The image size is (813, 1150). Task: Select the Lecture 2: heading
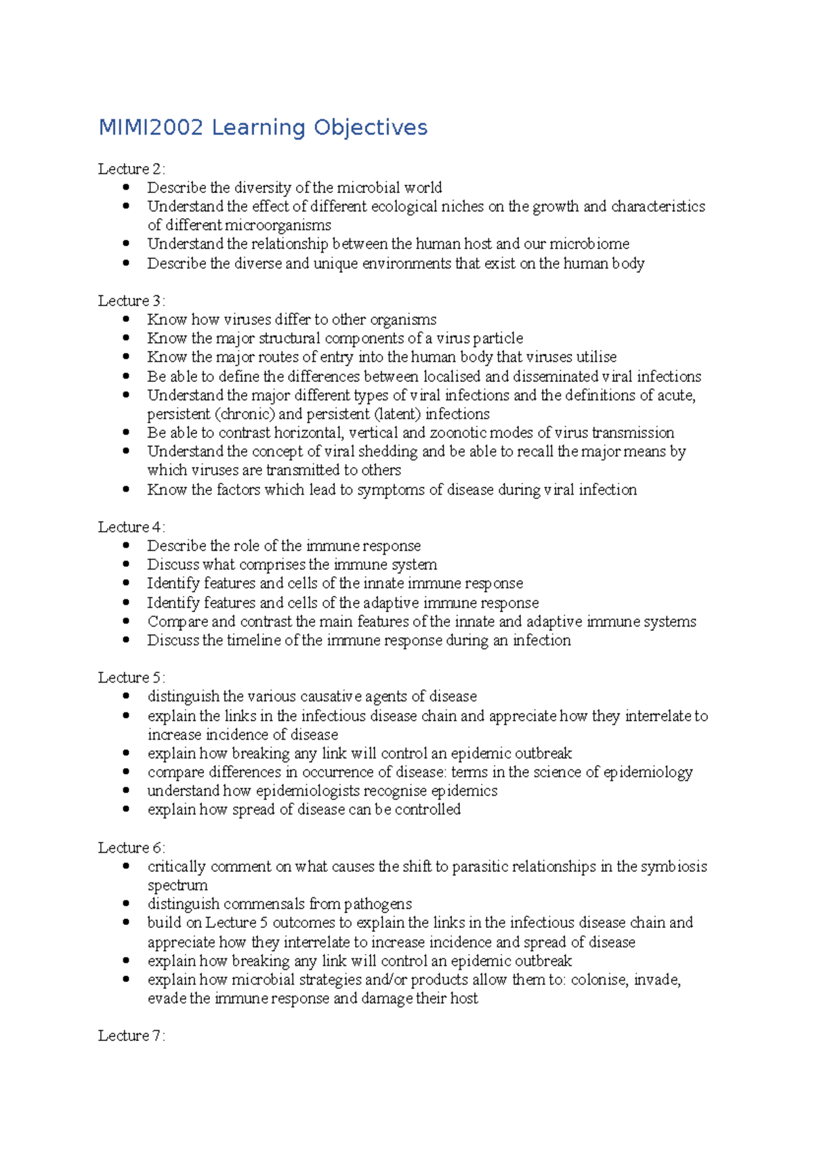(131, 169)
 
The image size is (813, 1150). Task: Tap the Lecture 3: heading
(131, 301)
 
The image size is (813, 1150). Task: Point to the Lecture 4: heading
(131, 527)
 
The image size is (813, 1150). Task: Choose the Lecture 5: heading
(131, 677)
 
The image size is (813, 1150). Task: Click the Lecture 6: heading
(131, 848)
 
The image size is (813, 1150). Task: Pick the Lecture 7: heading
(131, 1036)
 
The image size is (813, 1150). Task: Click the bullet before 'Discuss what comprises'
(126, 563)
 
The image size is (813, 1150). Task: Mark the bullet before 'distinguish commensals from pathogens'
(126, 903)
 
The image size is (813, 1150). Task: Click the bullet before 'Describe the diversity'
(126, 187)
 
